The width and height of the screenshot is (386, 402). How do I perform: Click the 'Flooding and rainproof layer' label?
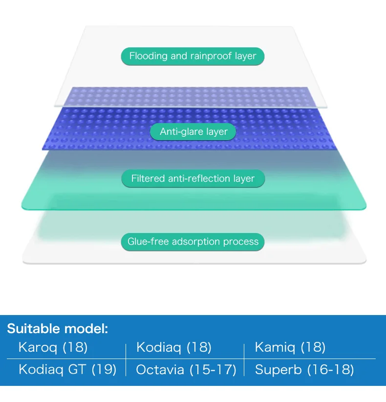(193, 56)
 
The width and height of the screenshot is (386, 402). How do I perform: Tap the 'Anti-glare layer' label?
(193, 132)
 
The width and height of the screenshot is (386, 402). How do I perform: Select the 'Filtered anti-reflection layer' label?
(193, 178)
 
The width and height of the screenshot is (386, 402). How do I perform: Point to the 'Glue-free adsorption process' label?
(193, 242)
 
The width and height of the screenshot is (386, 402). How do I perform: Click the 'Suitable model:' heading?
(58, 328)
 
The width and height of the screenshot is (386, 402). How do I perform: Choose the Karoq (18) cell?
(53, 347)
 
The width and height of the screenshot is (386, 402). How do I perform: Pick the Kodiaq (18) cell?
(174, 347)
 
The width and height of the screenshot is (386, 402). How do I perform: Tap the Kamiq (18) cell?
(290, 347)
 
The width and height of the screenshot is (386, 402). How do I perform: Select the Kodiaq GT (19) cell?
(67, 370)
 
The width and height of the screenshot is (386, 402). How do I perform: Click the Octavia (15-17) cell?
(186, 370)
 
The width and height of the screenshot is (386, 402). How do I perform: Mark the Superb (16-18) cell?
(304, 370)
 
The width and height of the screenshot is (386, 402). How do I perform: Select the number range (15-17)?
(213, 370)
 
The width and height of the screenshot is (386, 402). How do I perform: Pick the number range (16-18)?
(331, 370)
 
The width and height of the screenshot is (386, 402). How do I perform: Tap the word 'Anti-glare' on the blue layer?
(182, 132)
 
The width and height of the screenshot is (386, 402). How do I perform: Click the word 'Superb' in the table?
(279, 370)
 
